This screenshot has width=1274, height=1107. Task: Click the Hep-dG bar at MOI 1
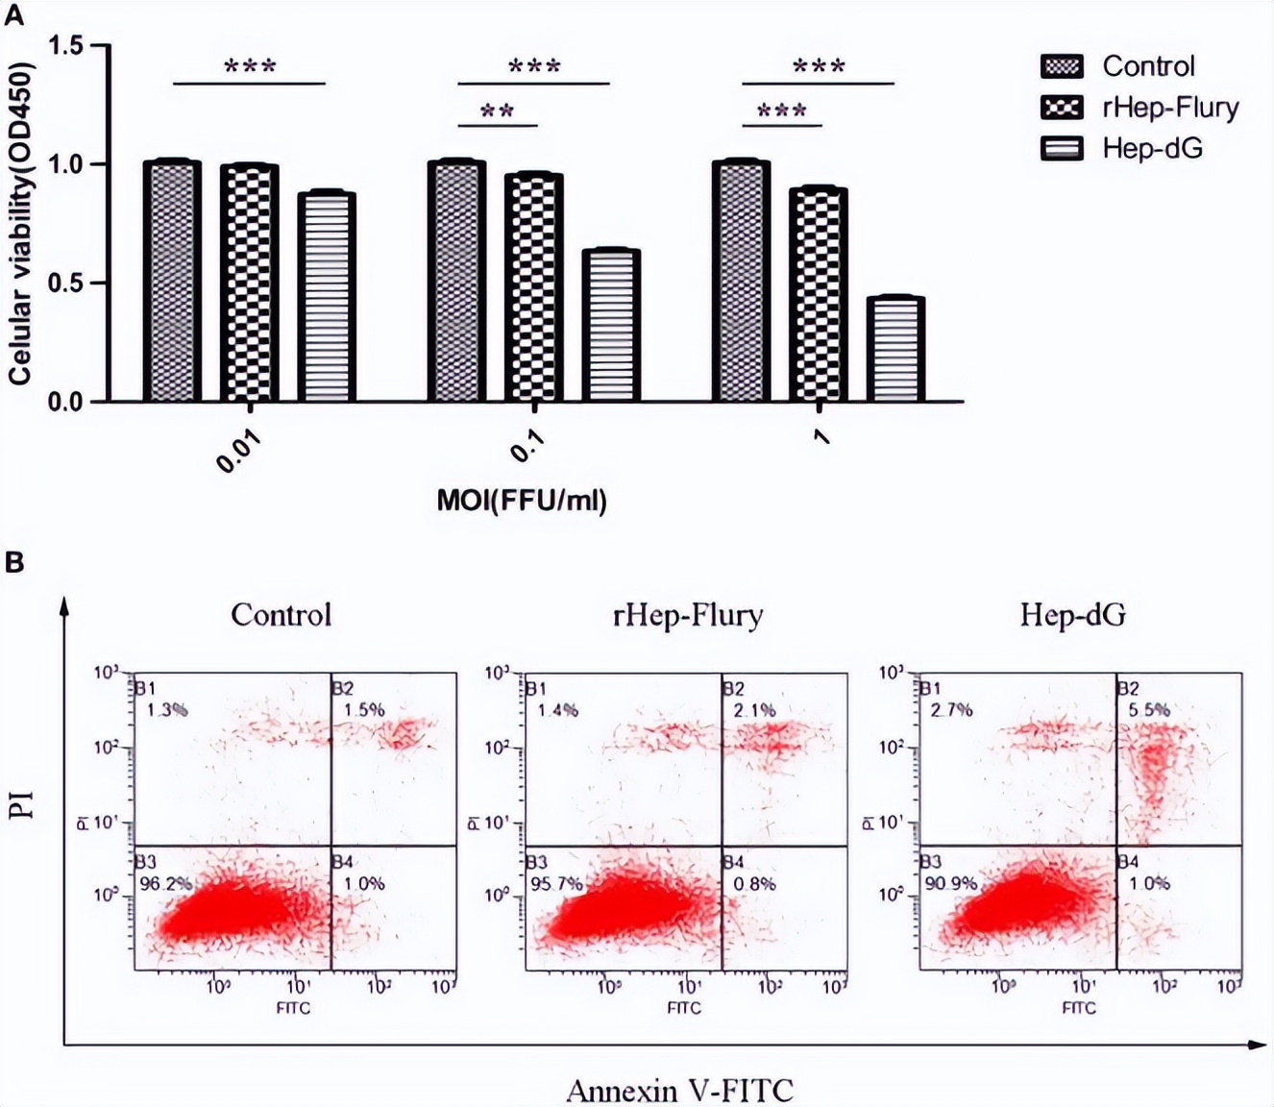pyautogui.click(x=895, y=350)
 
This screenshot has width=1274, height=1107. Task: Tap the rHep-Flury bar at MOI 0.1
pyautogui.click(x=533, y=287)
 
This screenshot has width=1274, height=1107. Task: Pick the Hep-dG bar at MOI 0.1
pyautogui.click(x=611, y=326)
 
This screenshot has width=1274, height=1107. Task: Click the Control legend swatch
pyautogui.click(x=1062, y=66)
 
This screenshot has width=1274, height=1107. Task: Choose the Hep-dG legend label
pyautogui.click(x=1152, y=148)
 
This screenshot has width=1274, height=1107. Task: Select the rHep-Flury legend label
pyautogui.click(x=1170, y=107)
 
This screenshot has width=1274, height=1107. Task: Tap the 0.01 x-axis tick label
pyautogui.click(x=238, y=451)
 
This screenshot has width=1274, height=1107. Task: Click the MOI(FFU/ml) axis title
pyautogui.click(x=522, y=500)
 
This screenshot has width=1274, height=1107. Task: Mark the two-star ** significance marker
pyautogui.click(x=497, y=111)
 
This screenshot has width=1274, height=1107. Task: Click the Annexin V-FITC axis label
pyautogui.click(x=679, y=1091)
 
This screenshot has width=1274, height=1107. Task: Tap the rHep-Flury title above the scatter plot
pyautogui.click(x=688, y=614)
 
